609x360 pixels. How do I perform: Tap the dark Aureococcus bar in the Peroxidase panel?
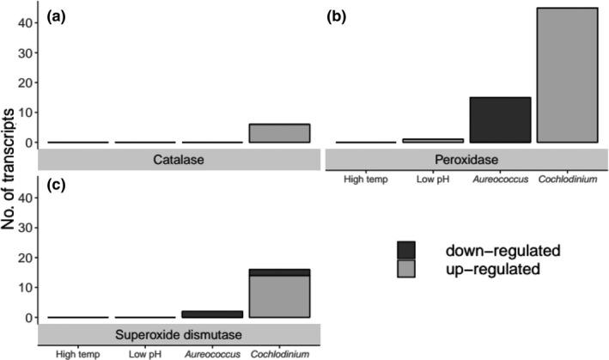click(499, 119)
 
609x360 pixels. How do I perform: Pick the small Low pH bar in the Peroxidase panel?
click(433, 140)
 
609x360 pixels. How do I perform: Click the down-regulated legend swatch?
click(407, 251)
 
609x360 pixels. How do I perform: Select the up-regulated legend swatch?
click(407, 269)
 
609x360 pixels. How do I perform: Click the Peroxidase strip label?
click(465, 159)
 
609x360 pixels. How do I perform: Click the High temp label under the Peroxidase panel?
click(367, 179)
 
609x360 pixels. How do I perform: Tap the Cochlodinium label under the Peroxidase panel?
click(566, 179)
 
